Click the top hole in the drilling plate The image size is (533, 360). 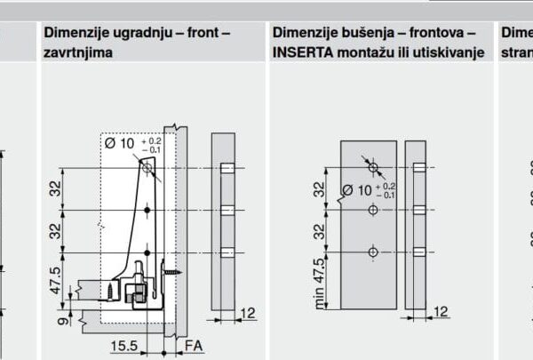click(x=373, y=167)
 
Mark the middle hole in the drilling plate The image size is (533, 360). click(x=373, y=210)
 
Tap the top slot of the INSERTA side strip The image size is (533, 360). click(x=417, y=167)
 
